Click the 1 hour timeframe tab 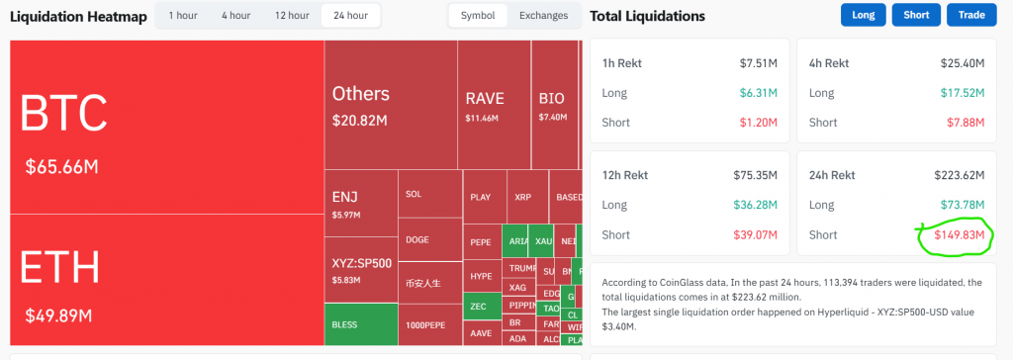[182, 16]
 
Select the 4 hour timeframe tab [235, 16]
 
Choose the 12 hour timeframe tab [292, 16]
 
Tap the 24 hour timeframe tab [350, 16]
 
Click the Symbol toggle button [478, 16]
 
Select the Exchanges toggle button [543, 16]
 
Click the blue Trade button [971, 15]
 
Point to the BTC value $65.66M [61, 167]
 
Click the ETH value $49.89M [59, 315]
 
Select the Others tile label [360, 94]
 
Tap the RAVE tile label [485, 99]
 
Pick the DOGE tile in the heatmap [417, 239]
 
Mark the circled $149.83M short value [953, 234]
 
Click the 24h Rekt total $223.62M [959, 176]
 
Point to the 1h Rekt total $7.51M [759, 63]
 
